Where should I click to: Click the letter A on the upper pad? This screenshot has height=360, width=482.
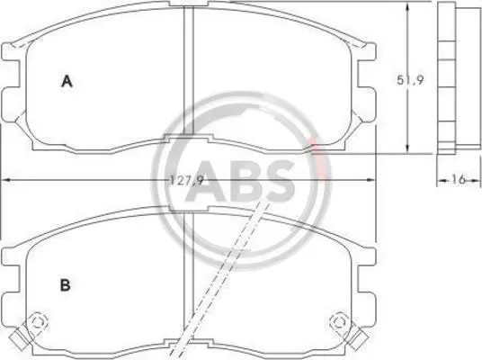pos(67,81)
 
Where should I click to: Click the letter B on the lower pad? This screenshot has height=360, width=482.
pos(65,285)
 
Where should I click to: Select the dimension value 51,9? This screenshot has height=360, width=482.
pos(410,80)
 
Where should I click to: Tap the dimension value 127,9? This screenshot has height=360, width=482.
pos(187,180)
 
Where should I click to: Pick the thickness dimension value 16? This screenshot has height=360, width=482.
pos(458,179)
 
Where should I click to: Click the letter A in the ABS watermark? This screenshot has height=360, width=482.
pos(205,182)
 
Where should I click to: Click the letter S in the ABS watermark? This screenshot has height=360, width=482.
pos(277,182)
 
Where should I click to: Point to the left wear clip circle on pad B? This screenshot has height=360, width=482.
pos(37,322)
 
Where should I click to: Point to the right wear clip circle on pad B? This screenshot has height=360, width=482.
pos(339,322)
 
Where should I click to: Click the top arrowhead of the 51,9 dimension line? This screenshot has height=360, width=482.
pos(407,7)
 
